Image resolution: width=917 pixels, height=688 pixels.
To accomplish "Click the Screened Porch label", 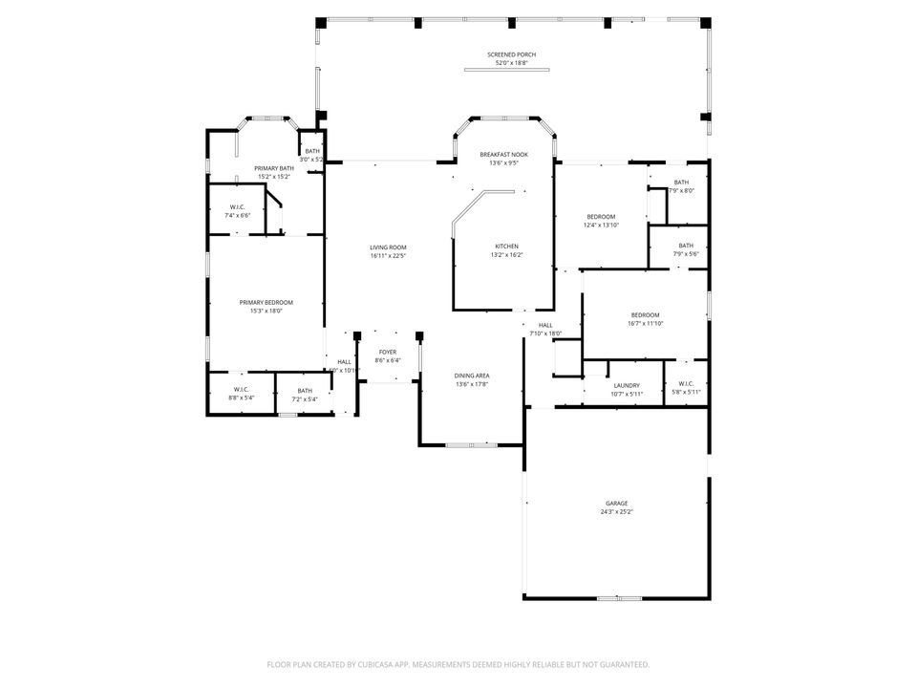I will click(511, 55).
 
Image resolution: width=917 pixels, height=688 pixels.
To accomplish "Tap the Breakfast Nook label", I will click(503, 155).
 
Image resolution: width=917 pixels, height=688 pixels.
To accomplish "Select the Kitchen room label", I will click(506, 247).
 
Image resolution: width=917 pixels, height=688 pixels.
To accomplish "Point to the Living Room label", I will click(388, 247).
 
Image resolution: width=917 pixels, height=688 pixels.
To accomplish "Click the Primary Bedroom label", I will click(266, 302).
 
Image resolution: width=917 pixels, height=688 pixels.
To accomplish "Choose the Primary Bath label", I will click(273, 168).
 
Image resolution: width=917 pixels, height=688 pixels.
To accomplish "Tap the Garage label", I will click(616, 503).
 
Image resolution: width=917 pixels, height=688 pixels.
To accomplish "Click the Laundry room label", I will click(627, 385).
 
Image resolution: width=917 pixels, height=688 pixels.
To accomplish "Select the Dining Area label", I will click(471, 376).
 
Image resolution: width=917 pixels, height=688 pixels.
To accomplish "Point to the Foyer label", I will click(387, 353).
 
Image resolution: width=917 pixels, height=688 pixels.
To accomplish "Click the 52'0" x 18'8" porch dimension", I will click(511, 63).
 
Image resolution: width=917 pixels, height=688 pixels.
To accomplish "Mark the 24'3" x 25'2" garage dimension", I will click(616, 511).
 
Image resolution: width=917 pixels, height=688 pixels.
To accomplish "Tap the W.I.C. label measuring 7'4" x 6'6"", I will click(238, 207).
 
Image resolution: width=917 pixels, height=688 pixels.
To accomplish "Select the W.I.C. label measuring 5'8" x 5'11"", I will click(686, 385).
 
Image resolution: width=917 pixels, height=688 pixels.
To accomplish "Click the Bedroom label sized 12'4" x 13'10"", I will click(601, 217).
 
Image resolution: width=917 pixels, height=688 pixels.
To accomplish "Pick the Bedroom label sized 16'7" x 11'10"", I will click(645, 315).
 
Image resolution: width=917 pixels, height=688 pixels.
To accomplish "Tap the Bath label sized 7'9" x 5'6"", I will click(686, 246).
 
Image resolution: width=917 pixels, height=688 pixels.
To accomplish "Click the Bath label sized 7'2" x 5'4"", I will click(304, 390).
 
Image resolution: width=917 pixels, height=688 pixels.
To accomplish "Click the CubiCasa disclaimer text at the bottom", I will click(458, 664).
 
